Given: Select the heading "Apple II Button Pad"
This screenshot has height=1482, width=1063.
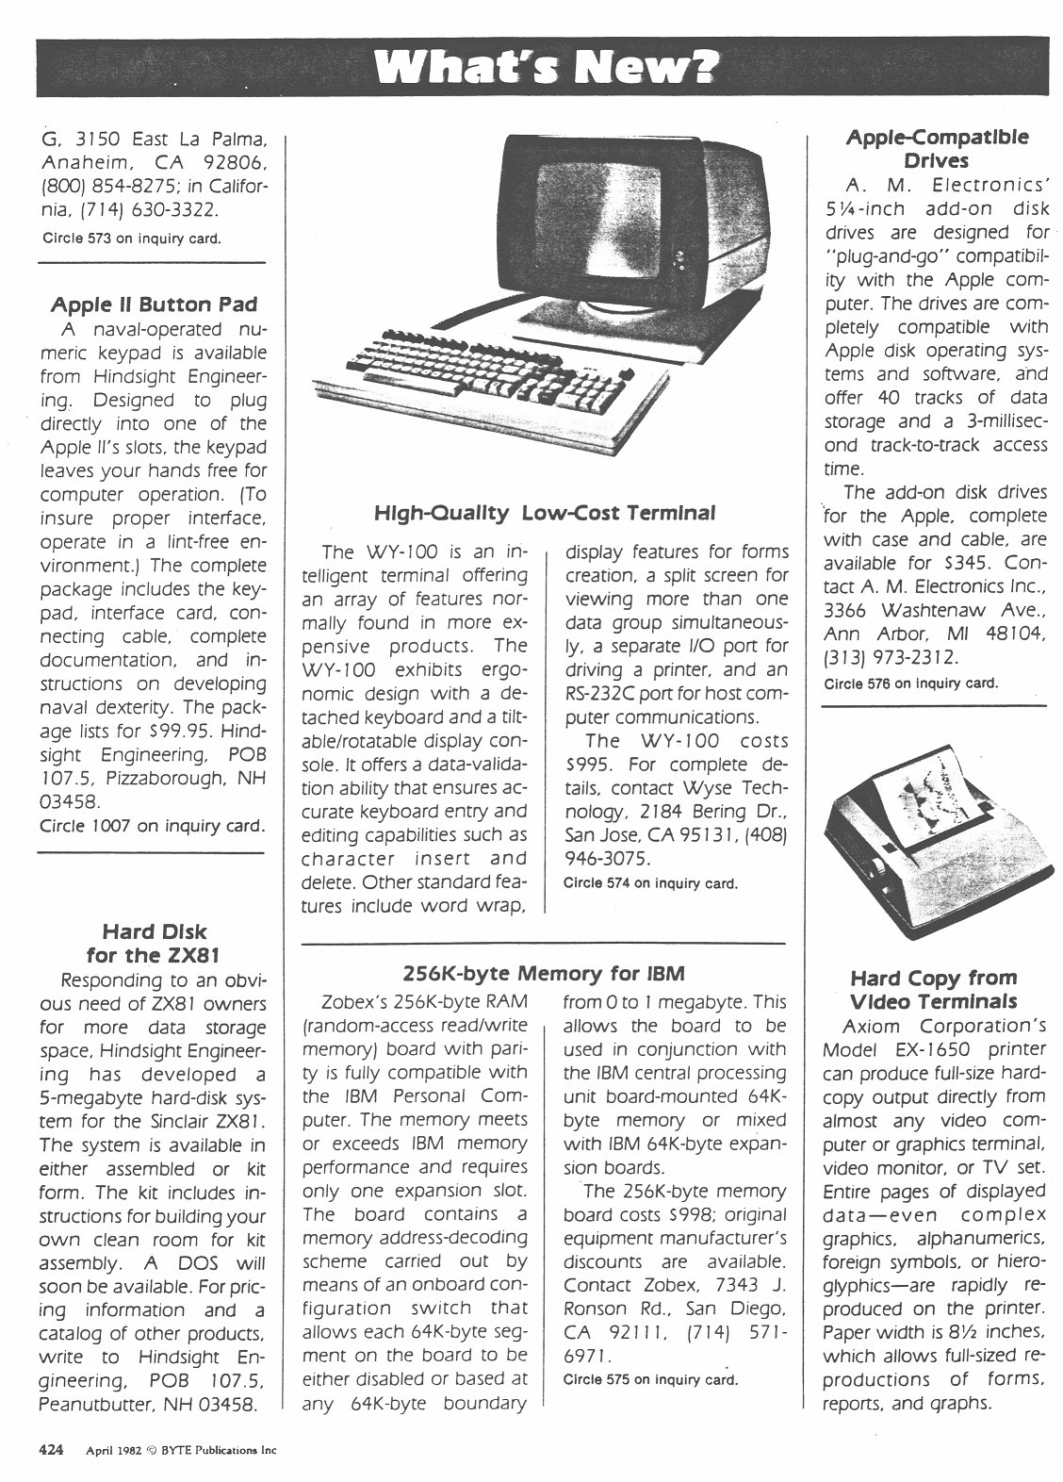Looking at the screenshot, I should [153, 305].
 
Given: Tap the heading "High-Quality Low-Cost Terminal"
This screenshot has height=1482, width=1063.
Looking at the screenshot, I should [545, 513].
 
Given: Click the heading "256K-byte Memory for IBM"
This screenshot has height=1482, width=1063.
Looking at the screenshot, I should [544, 973].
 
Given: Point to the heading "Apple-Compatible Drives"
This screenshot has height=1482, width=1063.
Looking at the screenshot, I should [937, 148].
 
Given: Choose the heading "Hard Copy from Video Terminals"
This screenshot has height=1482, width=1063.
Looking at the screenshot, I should [933, 989].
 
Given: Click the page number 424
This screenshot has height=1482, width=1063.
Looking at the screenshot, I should [50, 1450].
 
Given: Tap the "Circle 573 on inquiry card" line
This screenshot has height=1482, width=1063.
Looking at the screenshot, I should [132, 238].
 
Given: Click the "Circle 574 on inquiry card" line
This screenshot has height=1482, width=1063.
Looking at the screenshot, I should [649, 883].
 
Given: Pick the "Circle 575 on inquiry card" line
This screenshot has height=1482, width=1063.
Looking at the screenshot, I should [649, 1379].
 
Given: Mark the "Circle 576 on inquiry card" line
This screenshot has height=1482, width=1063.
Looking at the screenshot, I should [910, 683].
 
